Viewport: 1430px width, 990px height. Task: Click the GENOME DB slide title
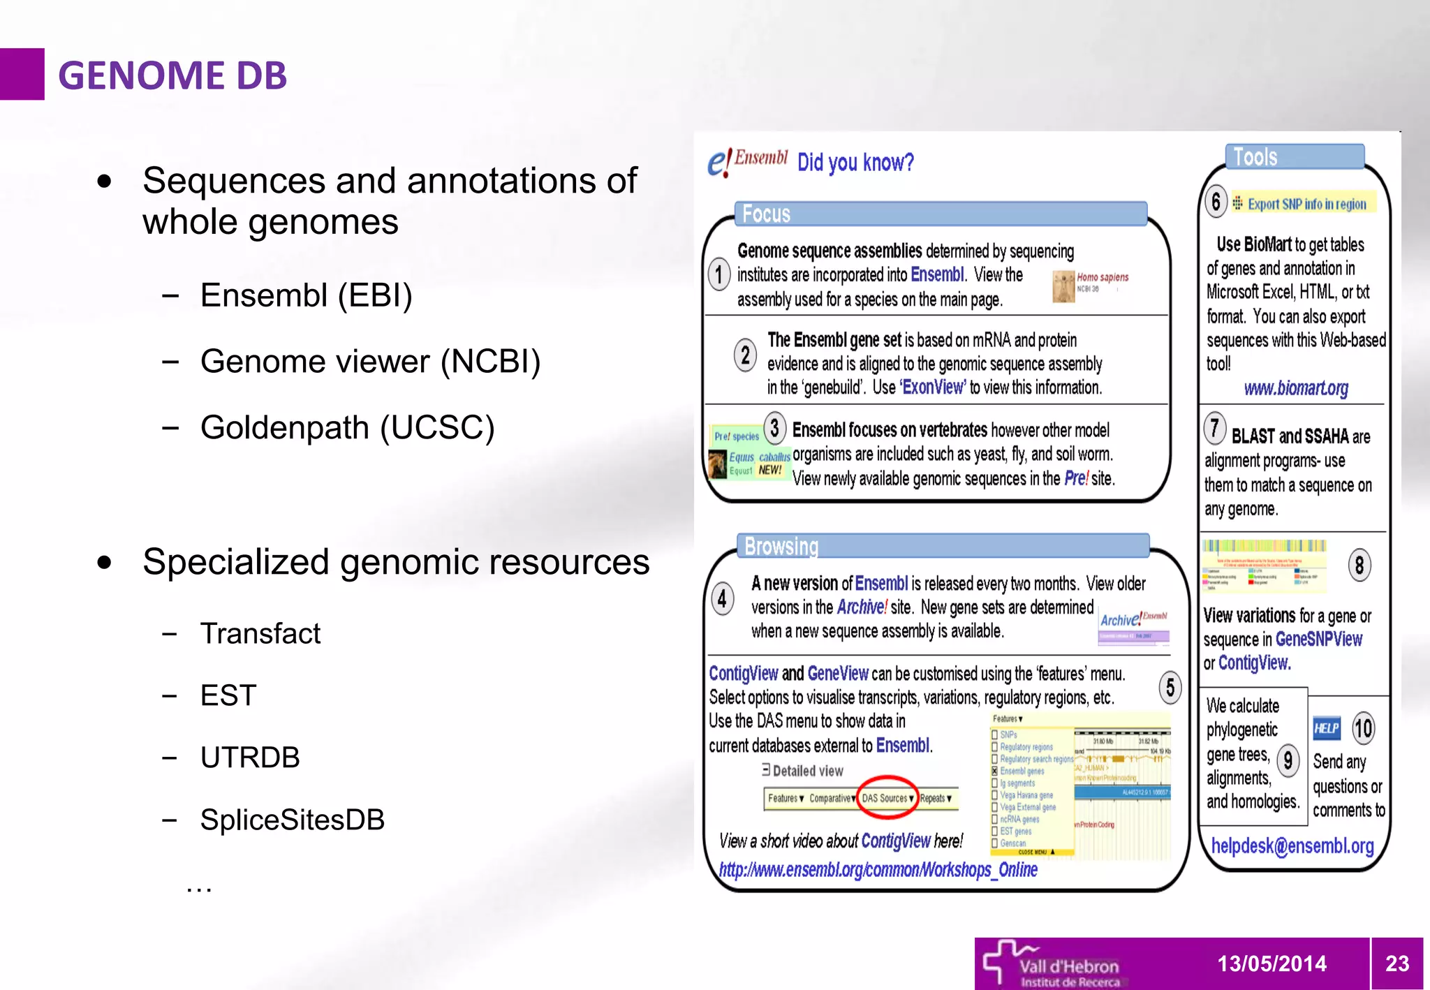[x=172, y=75]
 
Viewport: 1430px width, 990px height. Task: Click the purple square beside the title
[x=22, y=74]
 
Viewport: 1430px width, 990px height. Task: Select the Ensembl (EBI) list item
[x=306, y=295]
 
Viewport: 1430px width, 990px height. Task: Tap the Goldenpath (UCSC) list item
[x=347, y=427]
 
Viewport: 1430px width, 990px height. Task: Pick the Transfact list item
[x=260, y=633]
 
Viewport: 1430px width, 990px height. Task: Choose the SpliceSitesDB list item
[x=292, y=820]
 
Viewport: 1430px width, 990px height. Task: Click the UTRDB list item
[x=250, y=758]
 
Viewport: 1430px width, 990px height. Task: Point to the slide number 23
[x=1396, y=963]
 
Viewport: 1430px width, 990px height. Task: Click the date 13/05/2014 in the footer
[x=1271, y=963]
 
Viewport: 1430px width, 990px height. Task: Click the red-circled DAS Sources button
[x=887, y=798]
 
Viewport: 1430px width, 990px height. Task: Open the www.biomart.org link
[x=1295, y=388]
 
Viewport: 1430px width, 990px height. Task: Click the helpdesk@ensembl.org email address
[x=1292, y=846]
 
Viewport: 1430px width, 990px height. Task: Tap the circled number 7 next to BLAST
[x=1215, y=428]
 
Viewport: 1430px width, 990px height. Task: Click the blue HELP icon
[x=1326, y=729]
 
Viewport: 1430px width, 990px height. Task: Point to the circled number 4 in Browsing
[x=722, y=598]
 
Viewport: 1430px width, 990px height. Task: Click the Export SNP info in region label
[x=1306, y=204]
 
